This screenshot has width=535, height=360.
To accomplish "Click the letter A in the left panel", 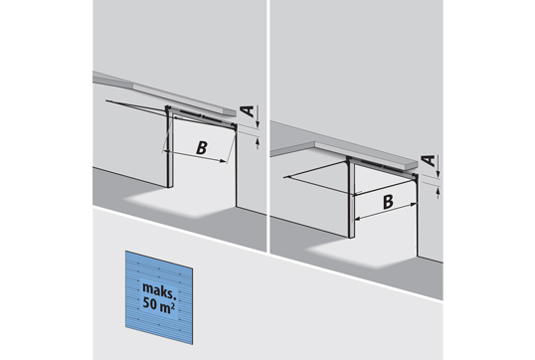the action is click(x=248, y=111).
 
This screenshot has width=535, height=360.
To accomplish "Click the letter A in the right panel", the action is click(x=429, y=160).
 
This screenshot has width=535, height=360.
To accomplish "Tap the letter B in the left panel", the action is click(x=202, y=148).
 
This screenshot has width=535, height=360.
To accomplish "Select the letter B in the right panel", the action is click(x=388, y=202).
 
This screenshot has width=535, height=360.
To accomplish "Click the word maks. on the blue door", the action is click(x=159, y=289).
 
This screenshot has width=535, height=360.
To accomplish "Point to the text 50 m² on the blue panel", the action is click(x=159, y=303).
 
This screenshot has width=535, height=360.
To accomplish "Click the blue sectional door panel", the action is click(x=159, y=297).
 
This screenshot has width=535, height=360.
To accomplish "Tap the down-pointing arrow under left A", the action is click(x=258, y=117).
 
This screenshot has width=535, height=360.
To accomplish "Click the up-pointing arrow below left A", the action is click(x=258, y=142).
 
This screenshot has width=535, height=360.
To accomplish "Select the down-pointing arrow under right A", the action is click(x=439, y=166).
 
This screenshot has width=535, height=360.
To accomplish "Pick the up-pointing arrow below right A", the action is click(x=439, y=192).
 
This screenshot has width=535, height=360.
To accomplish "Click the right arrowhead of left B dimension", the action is click(x=223, y=161).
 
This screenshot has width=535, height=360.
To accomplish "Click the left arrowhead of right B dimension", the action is click(x=357, y=219).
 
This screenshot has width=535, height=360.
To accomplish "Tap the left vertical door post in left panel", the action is click(x=168, y=147).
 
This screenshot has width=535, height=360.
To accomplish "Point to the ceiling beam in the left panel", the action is click(x=165, y=92).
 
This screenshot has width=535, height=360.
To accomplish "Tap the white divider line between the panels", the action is click(x=267, y=126).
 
